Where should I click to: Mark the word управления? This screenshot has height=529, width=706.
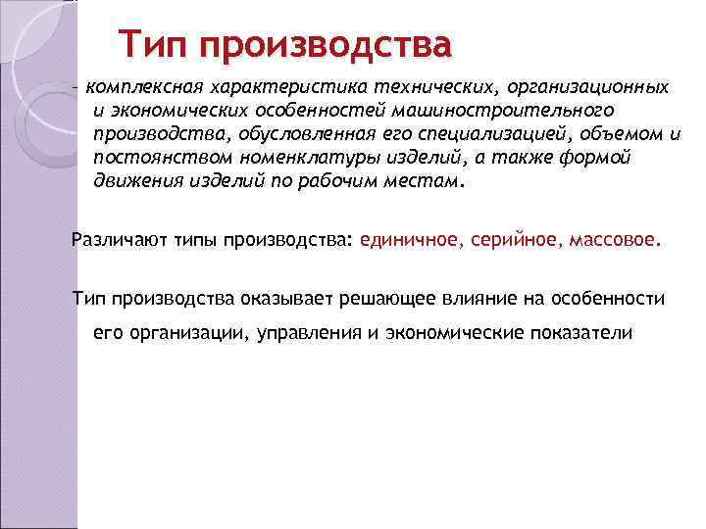pos(315,333)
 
